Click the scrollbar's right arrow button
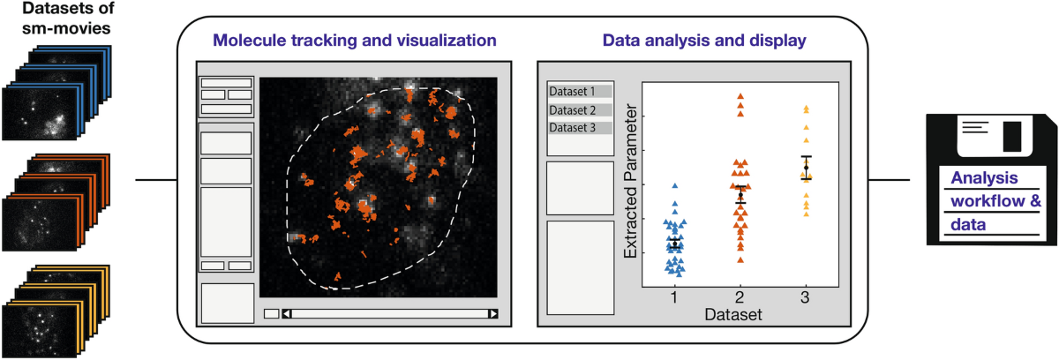pos(493,313)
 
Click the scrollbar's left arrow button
pos(286,313)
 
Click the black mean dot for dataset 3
pos(806,168)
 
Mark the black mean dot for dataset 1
pos(675,244)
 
